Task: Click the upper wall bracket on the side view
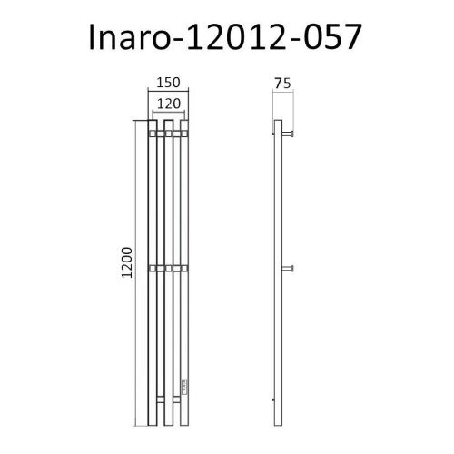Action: [291, 134]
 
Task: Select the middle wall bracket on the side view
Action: [291, 267]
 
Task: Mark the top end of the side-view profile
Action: [279, 122]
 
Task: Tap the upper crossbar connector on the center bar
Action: [168, 134]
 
